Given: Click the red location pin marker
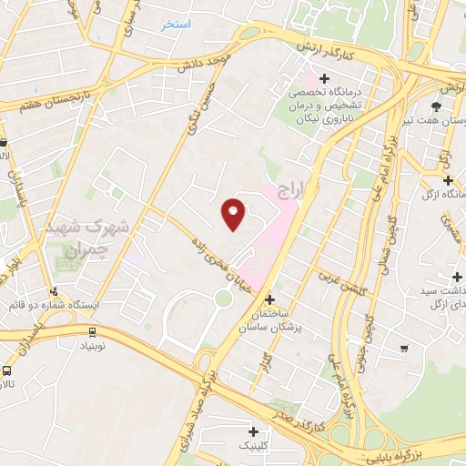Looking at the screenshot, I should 234,214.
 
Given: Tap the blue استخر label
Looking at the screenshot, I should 177,24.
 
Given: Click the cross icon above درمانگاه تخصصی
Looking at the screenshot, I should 324,78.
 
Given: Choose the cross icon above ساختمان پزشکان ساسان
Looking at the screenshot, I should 269,299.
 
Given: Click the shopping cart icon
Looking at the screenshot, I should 404,347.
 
